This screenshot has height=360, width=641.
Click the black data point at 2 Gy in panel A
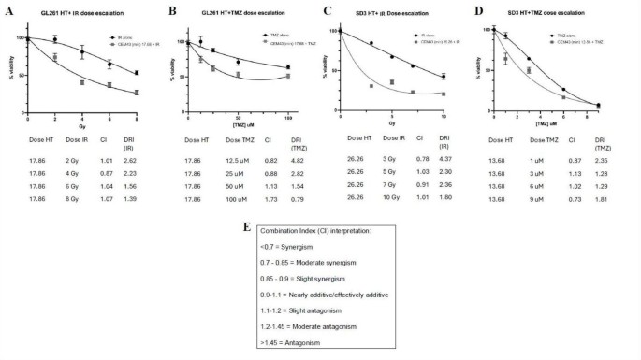56,40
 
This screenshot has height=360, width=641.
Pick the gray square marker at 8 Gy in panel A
138,93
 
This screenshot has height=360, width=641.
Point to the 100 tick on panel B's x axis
287,119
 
